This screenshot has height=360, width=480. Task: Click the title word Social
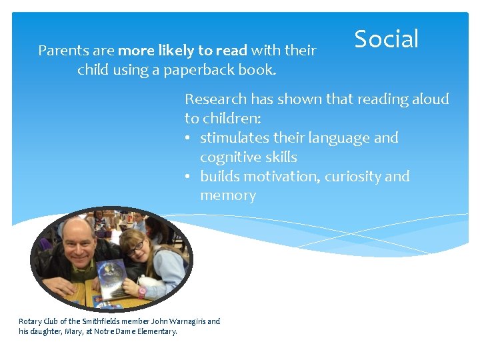386,39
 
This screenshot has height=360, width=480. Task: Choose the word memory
227,196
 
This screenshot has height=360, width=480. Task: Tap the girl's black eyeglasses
135,247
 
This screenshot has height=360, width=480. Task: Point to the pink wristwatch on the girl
142,291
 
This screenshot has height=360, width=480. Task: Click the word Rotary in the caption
29,321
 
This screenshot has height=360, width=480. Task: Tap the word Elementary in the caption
157,331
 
